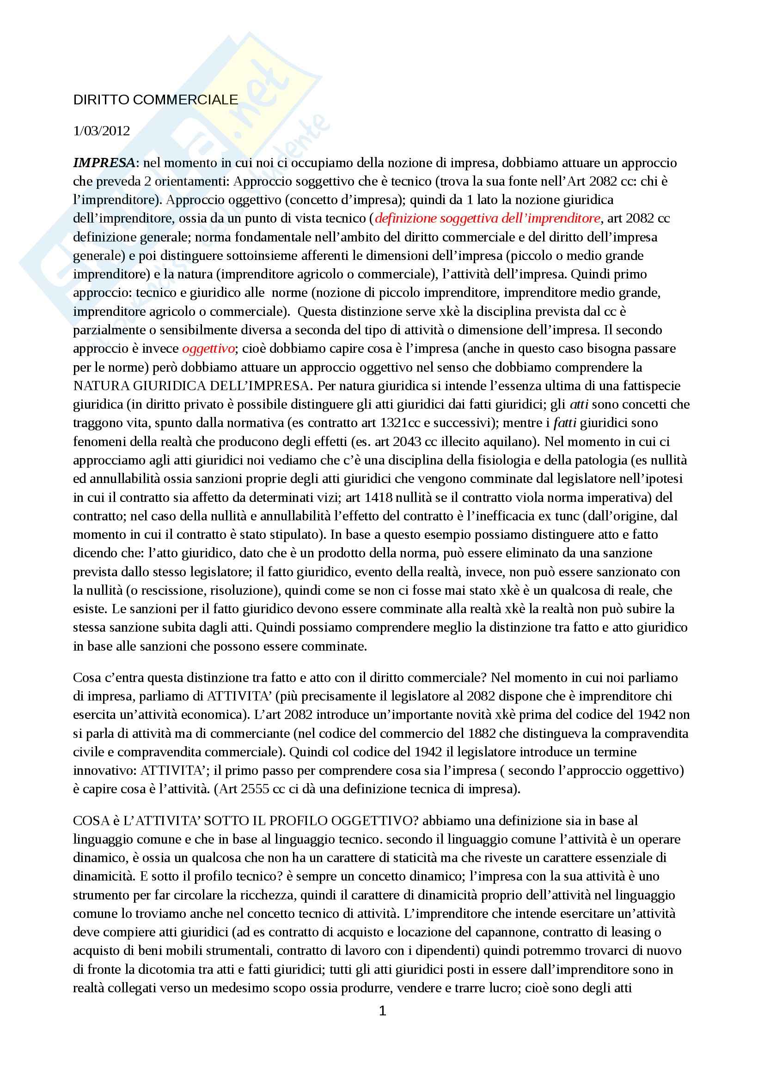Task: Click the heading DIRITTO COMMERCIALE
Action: (156, 100)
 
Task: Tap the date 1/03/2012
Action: (101, 130)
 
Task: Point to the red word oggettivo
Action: (208, 349)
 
